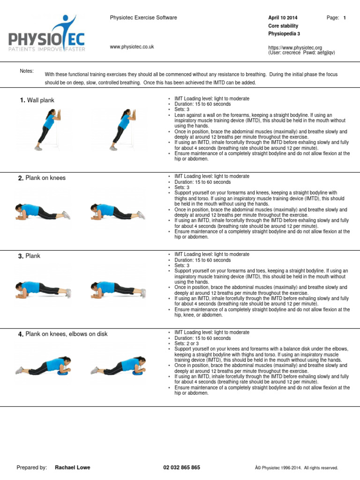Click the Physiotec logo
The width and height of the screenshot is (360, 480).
[x=47, y=35]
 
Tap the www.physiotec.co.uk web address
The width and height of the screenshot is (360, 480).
[x=132, y=47]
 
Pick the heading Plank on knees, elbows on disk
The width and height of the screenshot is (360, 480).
[x=66, y=334]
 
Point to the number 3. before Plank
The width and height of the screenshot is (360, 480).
[x=21, y=256]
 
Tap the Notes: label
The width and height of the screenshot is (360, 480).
[x=27, y=71]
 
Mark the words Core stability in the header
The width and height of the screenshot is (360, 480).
[x=283, y=26]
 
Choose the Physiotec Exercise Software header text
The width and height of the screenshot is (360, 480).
[x=143, y=18]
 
